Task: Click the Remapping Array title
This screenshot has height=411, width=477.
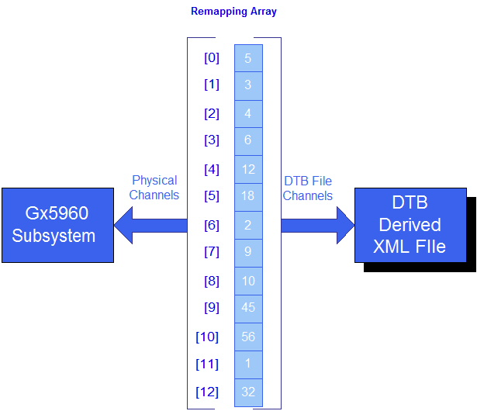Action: [x=233, y=12]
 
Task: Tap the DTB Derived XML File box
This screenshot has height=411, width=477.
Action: [x=410, y=225]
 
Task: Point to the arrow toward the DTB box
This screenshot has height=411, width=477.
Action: [x=316, y=225]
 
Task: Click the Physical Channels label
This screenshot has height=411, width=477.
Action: [x=154, y=188]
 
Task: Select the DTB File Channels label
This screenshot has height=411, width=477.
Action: [x=307, y=188]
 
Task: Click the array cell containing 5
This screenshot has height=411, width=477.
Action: [x=248, y=58]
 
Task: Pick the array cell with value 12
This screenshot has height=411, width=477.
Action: [x=248, y=169]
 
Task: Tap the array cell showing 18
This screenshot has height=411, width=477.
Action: [x=248, y=197]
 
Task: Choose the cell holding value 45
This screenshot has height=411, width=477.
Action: [x=248, y=308]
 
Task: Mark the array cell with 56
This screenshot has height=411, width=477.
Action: [x=248, y=337]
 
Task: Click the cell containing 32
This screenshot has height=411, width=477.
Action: [x=248, y=392]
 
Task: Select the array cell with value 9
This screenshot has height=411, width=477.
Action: [x=248, y=252]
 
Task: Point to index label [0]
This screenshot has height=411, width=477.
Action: [x=211, y=57]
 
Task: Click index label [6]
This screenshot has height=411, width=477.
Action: [x=211, y=225]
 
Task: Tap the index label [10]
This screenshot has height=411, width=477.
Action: [x=208, y=337]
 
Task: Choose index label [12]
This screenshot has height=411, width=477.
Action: [x=208, y=392]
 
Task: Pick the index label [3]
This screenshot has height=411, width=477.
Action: [x=211, y=140]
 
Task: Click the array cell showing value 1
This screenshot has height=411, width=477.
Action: [x=248, y=364]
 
